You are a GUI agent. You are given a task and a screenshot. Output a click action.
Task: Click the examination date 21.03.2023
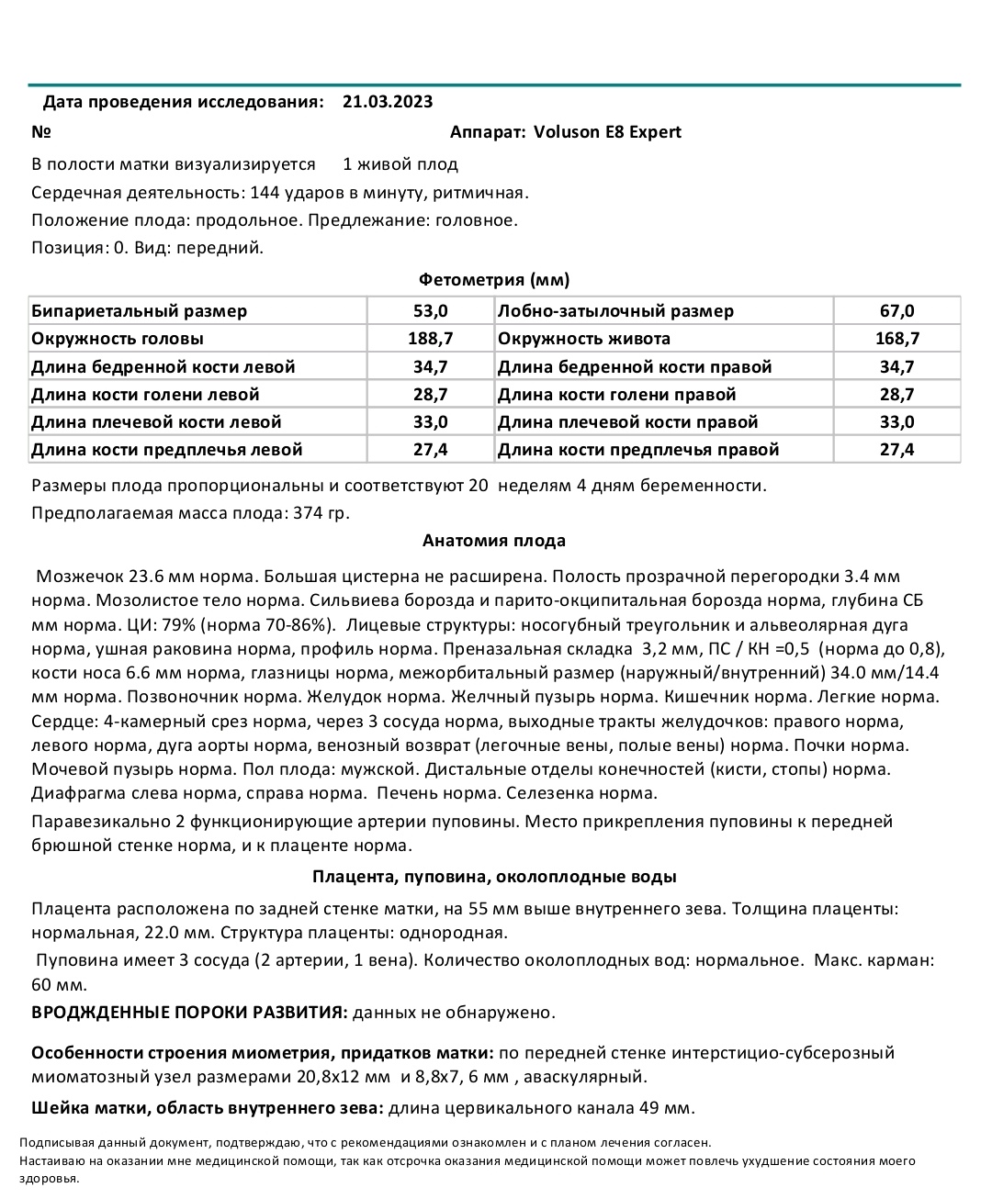click(x=387, y=102)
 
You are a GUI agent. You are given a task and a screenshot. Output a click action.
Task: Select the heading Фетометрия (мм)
click(x=494, y=280)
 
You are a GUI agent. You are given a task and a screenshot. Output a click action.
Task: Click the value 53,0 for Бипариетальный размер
click(x=431, y=311)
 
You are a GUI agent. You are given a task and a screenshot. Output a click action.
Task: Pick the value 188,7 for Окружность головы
click(x=431, y=339)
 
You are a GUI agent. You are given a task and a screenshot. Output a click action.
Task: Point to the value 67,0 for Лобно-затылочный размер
click(x=896, y=311)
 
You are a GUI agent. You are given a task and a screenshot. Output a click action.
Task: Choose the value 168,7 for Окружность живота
click(x=896, y=339)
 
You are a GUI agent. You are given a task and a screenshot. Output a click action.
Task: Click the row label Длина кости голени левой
click(x=145, y=395)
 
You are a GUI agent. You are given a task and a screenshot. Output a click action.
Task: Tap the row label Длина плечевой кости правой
click(x=627, y=422)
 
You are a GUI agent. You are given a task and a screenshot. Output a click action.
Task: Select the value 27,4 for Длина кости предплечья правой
click(x=896, y=450)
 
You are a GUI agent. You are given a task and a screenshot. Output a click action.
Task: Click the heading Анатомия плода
click(x=494, y=541)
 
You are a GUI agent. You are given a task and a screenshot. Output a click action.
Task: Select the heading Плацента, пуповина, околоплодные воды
click(x=494, y=877)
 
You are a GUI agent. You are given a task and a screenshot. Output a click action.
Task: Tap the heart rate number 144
click(x=265, y=193)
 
